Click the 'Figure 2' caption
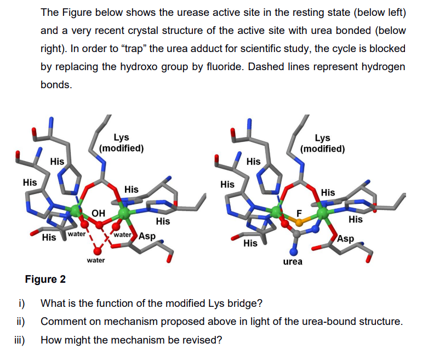[x=45, y=279]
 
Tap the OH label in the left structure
[x=99, y=213]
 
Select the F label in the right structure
[x=299, y=212]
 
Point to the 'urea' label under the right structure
[x=292, y=261]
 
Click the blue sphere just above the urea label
[x=294, y=251]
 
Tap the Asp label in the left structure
[x=147, y=237]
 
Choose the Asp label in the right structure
[x=346, y=239]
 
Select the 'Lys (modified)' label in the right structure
[x=323, y=144]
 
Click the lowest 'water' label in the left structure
[x=96, y=260]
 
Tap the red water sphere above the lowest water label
[x=97, y=250]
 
